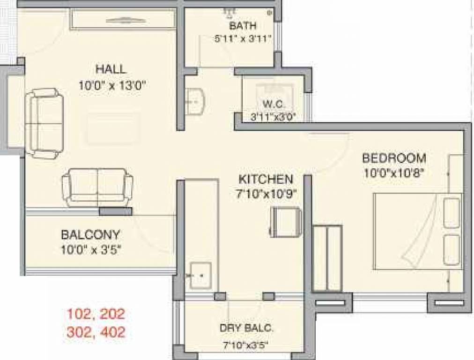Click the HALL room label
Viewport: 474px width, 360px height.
pyautogui.click(x=111, y=69)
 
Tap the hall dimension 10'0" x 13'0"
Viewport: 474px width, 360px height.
pyautogui.click(x=113, y=85)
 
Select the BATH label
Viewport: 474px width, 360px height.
pyautogui.click(x=243, y=26)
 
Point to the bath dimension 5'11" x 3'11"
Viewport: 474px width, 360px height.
pyautogui.click(x=243, y=39)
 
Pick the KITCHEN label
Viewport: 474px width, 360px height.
pyautogui.click(x=266, y=179)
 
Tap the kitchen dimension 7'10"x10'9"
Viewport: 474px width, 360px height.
pyautogui.click(x=267, y=194)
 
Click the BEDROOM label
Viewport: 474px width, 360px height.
pyautogui.click(x=394, y=157)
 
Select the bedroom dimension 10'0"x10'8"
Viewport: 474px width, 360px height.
pyautogui.click(x=393, y=172)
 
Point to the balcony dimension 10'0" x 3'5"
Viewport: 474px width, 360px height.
pyautogui.click(x=91, y=249)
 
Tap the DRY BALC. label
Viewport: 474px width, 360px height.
pyautogui.click(x=246, y=329)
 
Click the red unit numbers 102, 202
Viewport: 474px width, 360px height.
pyautogui.click(x=96, y=313)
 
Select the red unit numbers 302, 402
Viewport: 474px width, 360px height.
pyautogui.click(x=96, y=332)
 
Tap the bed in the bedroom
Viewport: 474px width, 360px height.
pyautogui.click(x=417, y=231)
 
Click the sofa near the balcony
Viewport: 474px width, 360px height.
pyautogui.click(x=97, y=187)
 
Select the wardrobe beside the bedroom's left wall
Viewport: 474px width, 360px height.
pyautogui.click(x=327, y=258)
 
